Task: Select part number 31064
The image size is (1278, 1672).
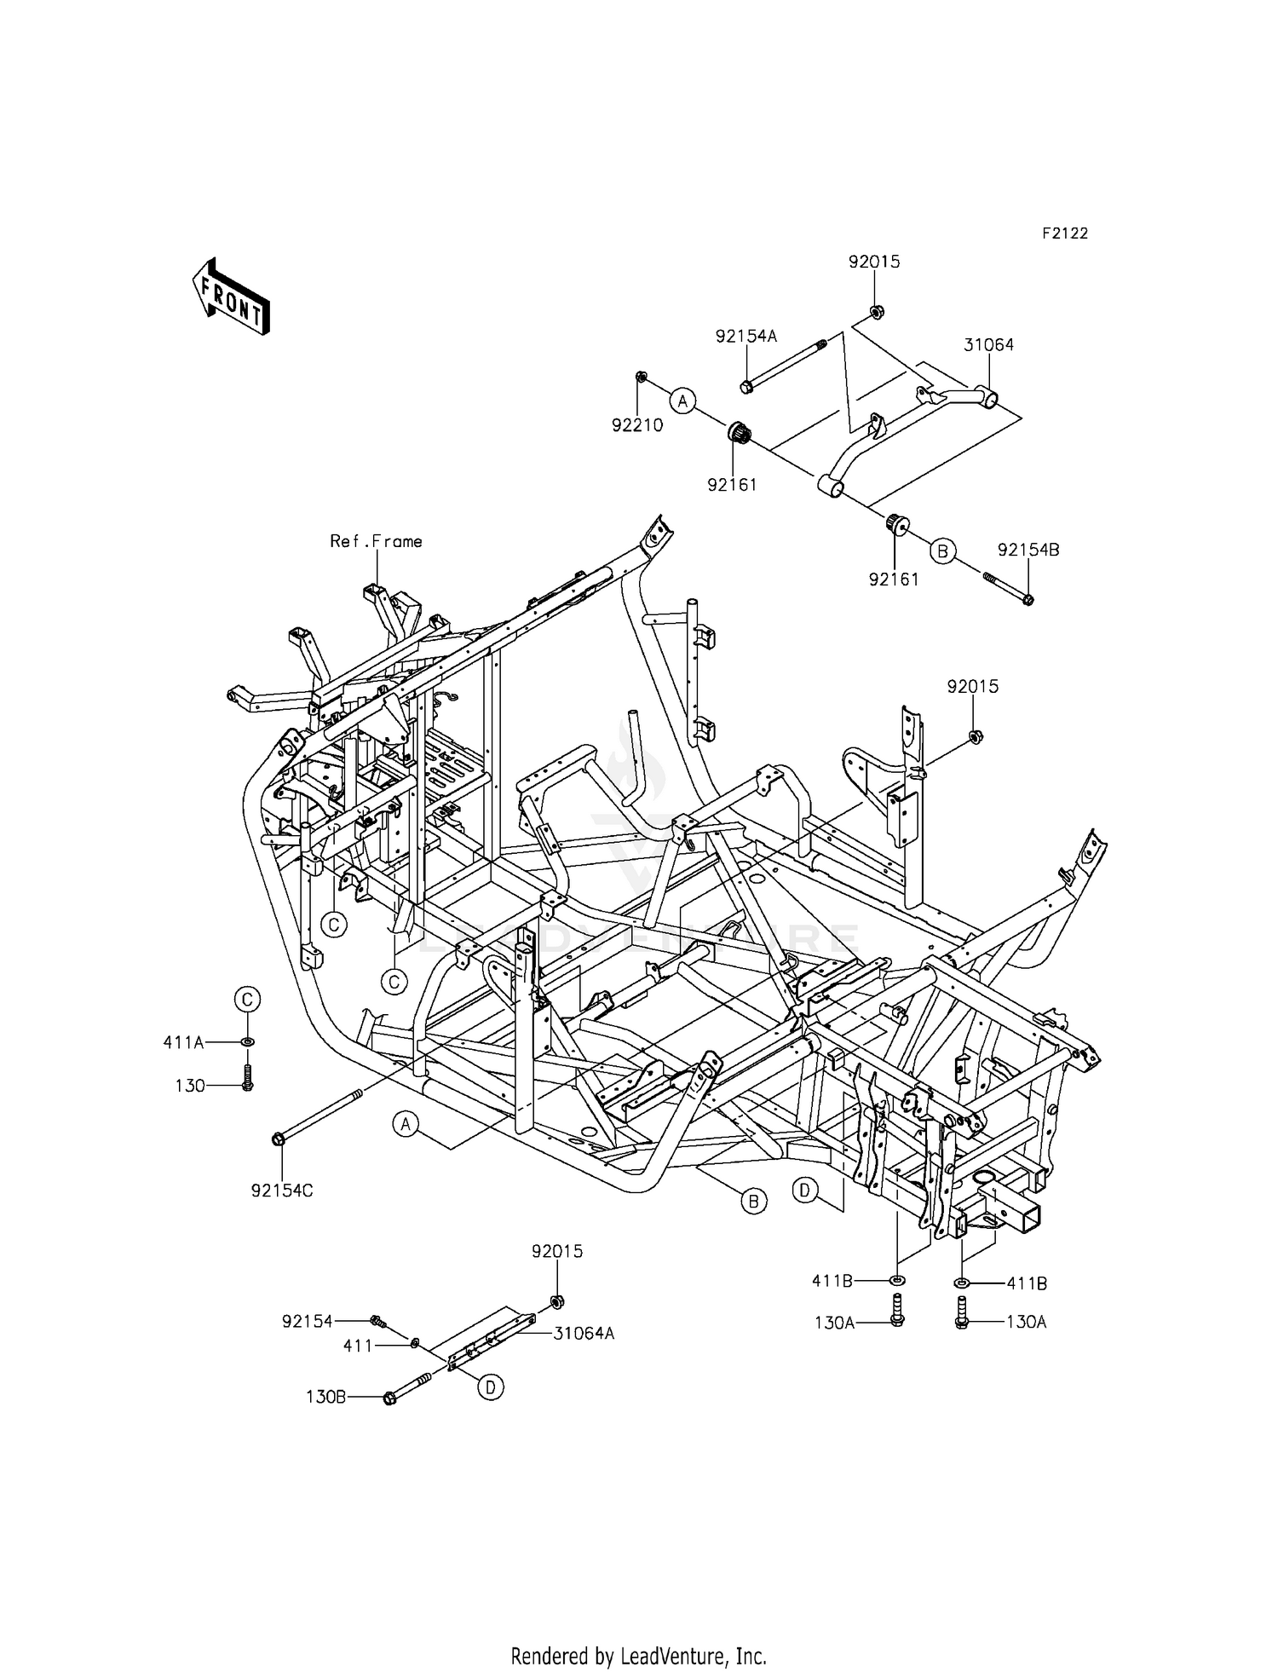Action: pyautogui.click(x=988, y=345)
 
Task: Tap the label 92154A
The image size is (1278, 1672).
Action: pyautogui.click(x=745, y=337)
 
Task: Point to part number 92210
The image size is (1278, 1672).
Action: pyautogui.click(x=636, y=425)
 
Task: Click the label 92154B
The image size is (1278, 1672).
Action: pyautogui.click(x=1028, y=550)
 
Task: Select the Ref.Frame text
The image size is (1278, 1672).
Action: pyautogui.click(x=376, y=541)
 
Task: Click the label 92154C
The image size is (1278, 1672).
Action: pyautogui.click(x=281, y=1191)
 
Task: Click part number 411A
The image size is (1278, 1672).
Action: pyautogui.click(x=183, y=1041)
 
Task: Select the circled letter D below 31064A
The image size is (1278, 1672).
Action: pyautogui.click(x=490, y=1388)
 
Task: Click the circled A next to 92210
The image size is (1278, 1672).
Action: pyautogui.click(x=682, y=401)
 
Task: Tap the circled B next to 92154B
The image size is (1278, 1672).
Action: pyautogui.click(x=942, y=551)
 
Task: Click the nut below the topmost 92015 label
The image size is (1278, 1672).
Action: pyautogui.click(x=877, y=311)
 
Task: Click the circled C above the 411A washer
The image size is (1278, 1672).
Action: pyautogui.click(x=247, y=999)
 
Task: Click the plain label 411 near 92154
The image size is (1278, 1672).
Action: pyautogui.click(x=358, y=1346)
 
